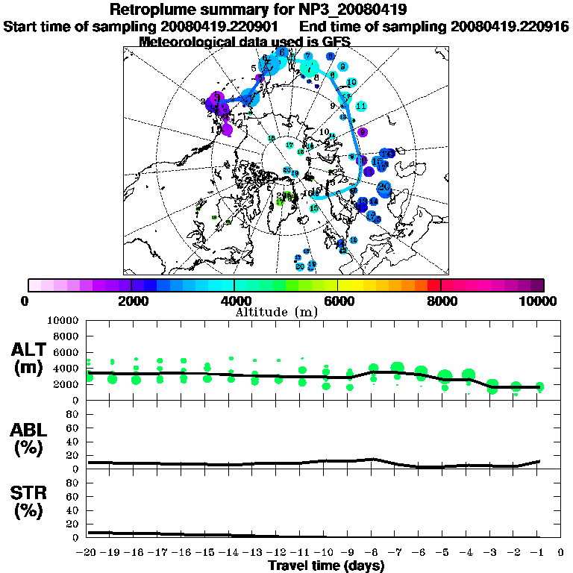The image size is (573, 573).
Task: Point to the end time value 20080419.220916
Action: click(x=510, y=26)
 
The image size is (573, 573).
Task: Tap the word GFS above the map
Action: click(x=334, y=42)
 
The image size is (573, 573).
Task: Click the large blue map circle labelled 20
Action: click(x=384, y=187)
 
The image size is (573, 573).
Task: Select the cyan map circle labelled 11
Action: click(x=361, y=107)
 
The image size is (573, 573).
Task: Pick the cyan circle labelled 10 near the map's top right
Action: click(x=351, y=82)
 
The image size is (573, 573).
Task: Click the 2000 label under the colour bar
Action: click(x=131, y=301)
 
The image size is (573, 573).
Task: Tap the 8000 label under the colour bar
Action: click(x=440, y=301)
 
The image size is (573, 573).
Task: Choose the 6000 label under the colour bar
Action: click(x=337, y=301)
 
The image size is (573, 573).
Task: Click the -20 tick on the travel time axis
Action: click(x=87, y=553)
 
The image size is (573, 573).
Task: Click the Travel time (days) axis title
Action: click(x=326, y=566)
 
